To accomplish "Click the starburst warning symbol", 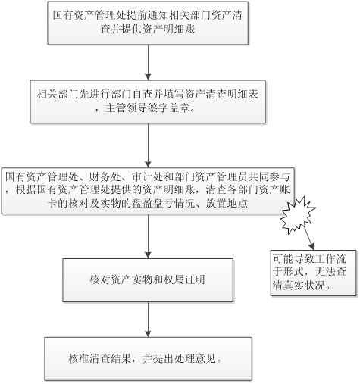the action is point(298,215).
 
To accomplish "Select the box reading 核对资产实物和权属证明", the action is point(148,280).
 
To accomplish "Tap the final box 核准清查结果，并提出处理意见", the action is point(149,359).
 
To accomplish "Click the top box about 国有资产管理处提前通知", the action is point(148,23).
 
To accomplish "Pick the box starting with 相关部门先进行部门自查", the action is point(148,101).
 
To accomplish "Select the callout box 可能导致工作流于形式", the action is point(314,273).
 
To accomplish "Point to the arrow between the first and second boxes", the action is point(148,63).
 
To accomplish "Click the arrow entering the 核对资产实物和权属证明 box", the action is point(148,236).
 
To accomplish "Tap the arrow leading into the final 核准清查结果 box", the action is point(148,320).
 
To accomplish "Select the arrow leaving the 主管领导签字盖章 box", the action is point(148,145).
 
